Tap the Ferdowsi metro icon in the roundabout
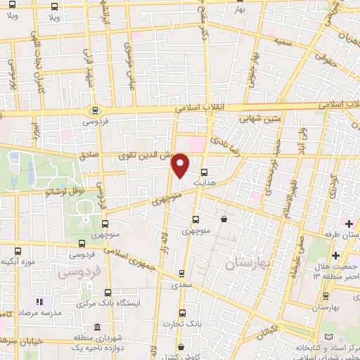95,110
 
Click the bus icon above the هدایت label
204,172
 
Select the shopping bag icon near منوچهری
224,219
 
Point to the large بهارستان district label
249,264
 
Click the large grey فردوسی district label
79,270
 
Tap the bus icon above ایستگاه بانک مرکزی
107,292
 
